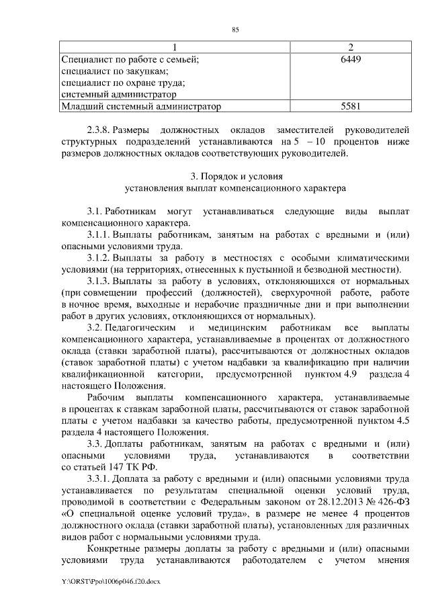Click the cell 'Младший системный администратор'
click(142, 106)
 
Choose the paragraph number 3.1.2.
click(98, 258)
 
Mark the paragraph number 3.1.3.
click(98, 281)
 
